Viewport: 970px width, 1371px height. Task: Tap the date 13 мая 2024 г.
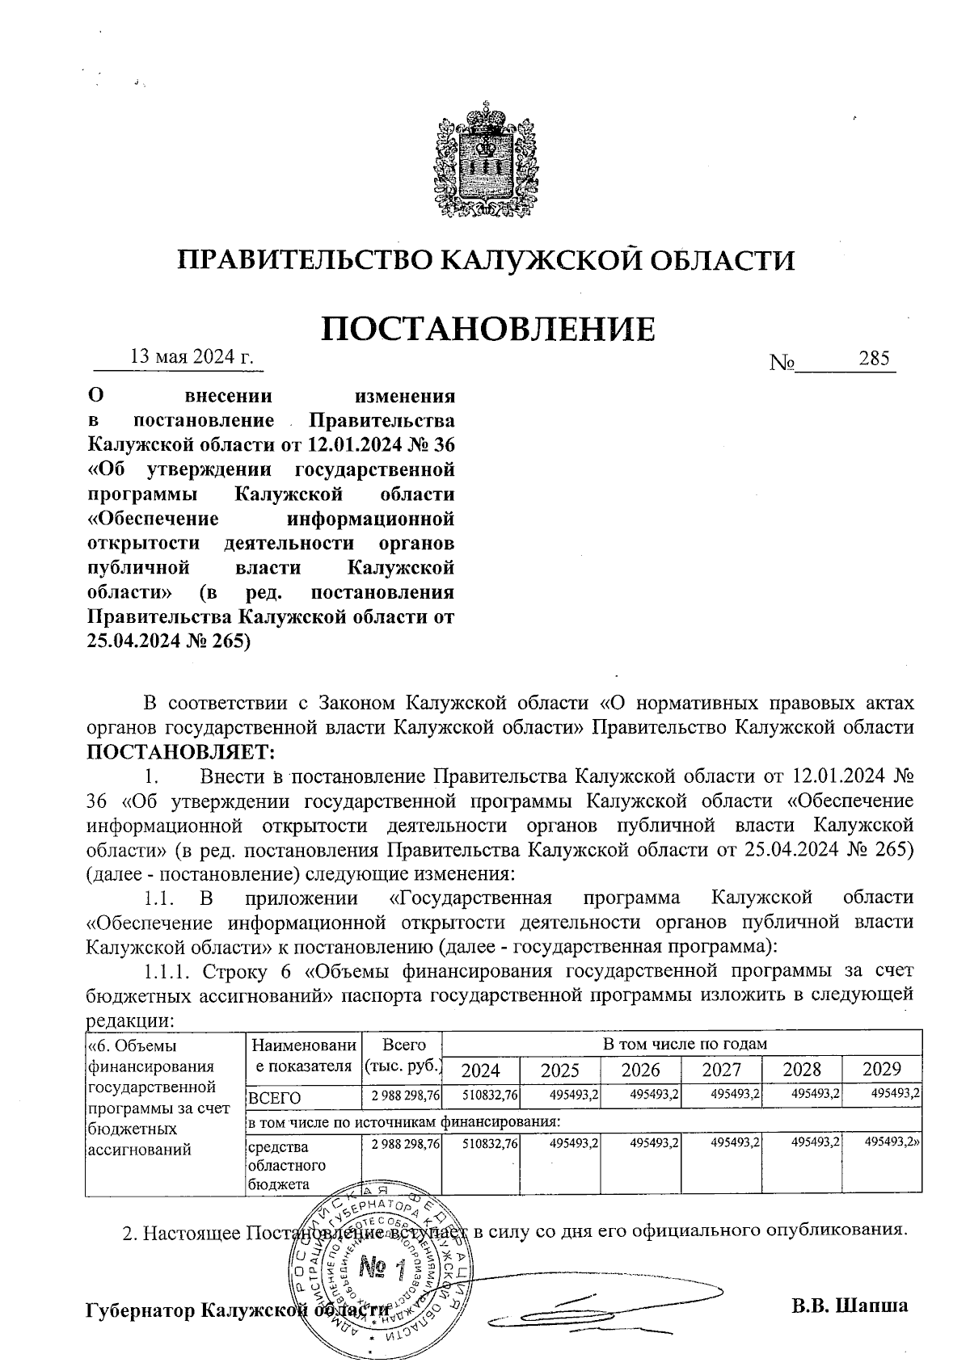coord(192,356)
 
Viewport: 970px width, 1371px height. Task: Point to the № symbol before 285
coord(782,363)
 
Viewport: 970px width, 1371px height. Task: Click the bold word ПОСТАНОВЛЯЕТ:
coord(180,752)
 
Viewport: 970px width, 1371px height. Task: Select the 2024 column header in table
coord(480,1070)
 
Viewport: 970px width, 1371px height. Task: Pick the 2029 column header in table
coord(881,1070)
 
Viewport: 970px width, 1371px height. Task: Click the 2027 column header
coord(721,1070)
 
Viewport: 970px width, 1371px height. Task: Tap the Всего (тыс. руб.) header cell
coord(403,1054)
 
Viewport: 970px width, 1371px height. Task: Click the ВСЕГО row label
coord(275,1098)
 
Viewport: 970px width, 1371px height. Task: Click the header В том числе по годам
coord(684,1043)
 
